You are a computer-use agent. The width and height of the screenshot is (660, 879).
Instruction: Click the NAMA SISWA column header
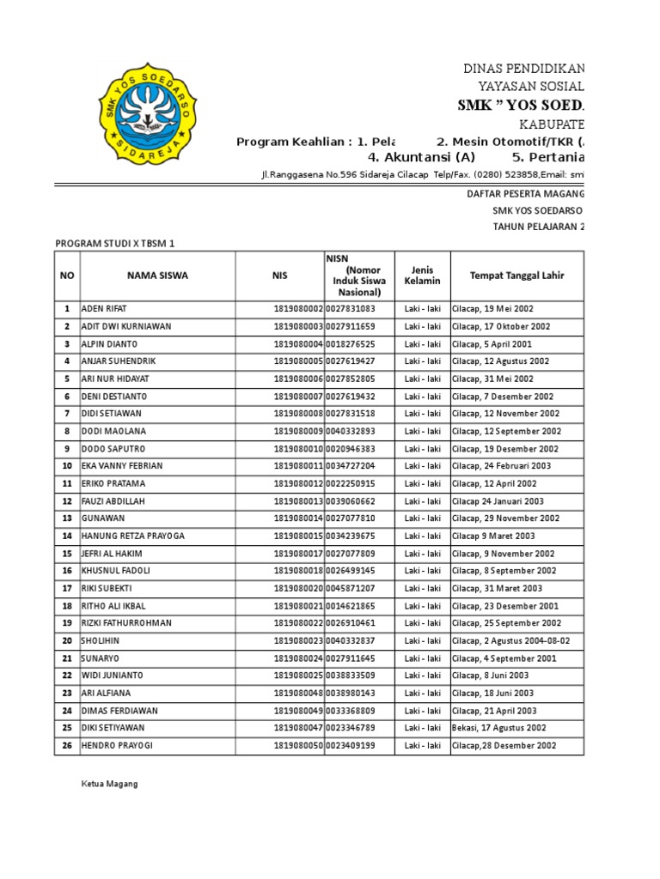tap(157, 276)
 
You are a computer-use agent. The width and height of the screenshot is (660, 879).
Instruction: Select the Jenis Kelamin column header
tap(422, 276)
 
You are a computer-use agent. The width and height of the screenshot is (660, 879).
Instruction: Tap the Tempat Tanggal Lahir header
tap(516, 276)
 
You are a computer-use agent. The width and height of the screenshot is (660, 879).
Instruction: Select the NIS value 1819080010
tap(298, 449)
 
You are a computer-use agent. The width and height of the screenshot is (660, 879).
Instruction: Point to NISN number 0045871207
tap(351, 588)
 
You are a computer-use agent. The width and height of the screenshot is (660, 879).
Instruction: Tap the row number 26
tap(66, 745)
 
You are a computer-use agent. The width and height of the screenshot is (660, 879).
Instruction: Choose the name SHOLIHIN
tap(101, 640)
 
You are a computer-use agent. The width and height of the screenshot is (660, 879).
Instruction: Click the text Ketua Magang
tap(109, 784)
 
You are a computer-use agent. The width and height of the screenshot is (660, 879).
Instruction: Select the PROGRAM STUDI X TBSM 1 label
tap(114, 244)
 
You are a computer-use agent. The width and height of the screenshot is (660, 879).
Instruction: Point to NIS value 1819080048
tap(298, 693)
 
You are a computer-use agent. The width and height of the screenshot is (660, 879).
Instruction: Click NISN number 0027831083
tap(351, 308)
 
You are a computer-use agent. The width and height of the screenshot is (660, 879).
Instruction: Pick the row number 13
tap(66, 518)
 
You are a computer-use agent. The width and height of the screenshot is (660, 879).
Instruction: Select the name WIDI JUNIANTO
tap(111, 676)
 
